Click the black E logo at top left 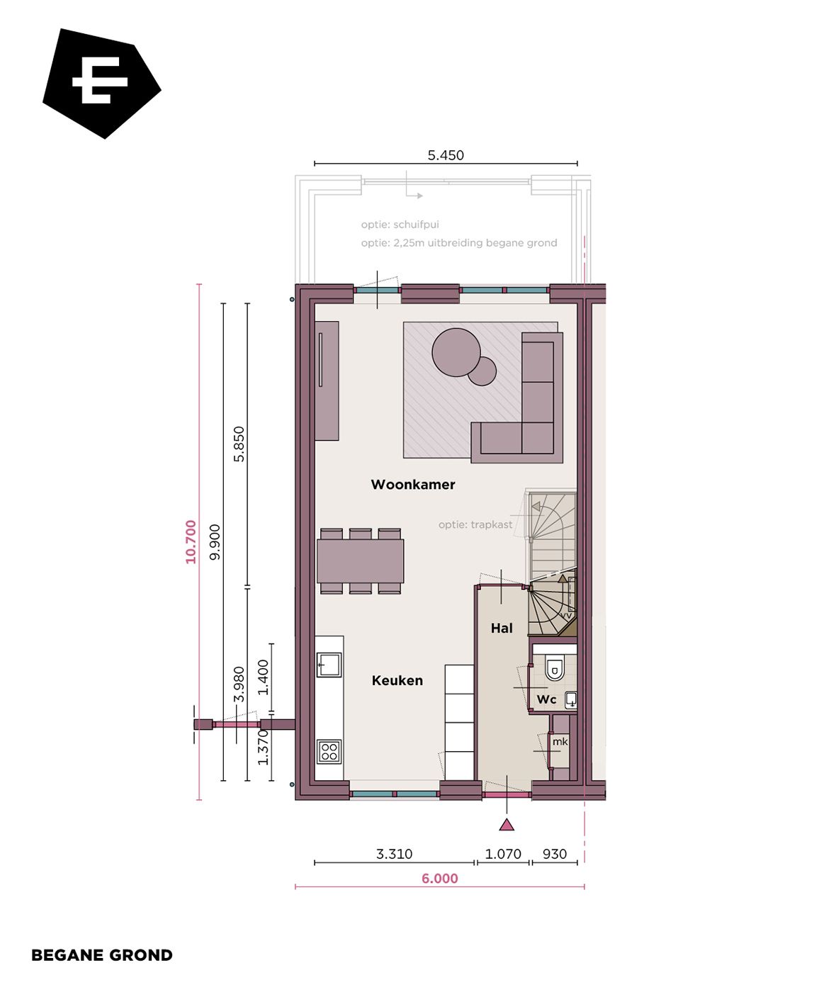pyautogui.click(x=101, y=84)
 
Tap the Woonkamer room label pyautogui.click(x=413, y=485)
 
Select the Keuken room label pyautogui.click(x=397, y=680)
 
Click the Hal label pyautogui.click(x=502, y=628)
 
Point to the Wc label pyautogui.click(x=546, y=699)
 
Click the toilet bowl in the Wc pyautogui.click(x=555, y=669)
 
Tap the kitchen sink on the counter pyautogui.click(x=329, y=665)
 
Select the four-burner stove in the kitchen pyautogui.click(x=329, y=751)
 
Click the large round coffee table pyautogui.click(x=456, y=352)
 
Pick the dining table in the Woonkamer pyautogui.click(x=361, y=560)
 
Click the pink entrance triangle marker pyautogui.click(x=507, y=824)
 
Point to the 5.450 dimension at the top pyautogui.click(x=446, y=155)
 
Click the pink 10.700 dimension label pyautogui.click(x=191, y=542)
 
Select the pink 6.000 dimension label pyautogui.click(x=440, y=879)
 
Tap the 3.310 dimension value pyautogui.click(x=394, y=854)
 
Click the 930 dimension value pyautogui.click(x=555, y=854)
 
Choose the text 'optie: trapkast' pyautogui.click(x=475, y=524)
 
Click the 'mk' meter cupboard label pyautogui.click(x=560, y=742)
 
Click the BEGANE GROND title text pyautogui.click(x=102, y=955)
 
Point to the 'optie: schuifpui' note pyautogui.click(x=400, y=225)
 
